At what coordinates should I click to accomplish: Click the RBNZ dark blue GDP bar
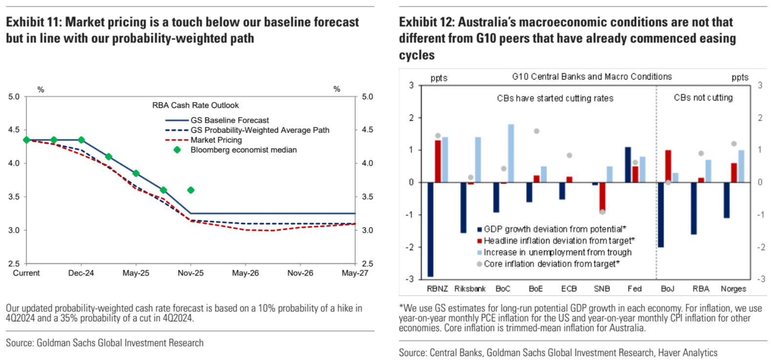click(x=430, y=229)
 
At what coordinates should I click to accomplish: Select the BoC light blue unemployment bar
click(x=511, y=153)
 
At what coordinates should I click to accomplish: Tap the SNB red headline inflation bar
click(x=602, y=197)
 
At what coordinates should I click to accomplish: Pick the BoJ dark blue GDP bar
click(x=661, y=214)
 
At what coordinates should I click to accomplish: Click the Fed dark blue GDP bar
click(x=628, y=165)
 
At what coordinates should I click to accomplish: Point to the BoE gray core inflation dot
click(x=536, y=131)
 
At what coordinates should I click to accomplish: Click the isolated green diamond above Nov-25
click(x=191, y=190)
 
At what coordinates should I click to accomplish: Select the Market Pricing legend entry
click(x=216, y=140)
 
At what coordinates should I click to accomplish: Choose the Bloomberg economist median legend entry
click(x=243, y=150)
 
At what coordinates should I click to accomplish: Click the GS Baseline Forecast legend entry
click(x=229, y=120)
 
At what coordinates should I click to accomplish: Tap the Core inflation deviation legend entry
click(x=551, y=264)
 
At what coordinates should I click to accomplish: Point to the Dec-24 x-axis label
click(x=81, y=273)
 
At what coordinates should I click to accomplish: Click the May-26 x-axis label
click(x=245, y=273)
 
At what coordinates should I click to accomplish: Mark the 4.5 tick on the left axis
click(x=14, y=130)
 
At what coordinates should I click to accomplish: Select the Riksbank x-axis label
click(x=470, y=289)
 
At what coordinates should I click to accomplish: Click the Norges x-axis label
click(x=733, y=289)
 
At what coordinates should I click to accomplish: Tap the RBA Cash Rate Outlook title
click(x=195, y=106)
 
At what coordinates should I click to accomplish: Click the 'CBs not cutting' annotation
click(x=703, y=98)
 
